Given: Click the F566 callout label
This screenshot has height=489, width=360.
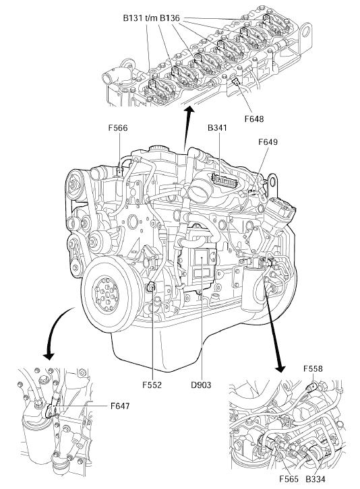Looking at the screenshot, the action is coord(118,128).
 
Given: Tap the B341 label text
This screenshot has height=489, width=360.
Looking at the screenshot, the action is coord(218,128).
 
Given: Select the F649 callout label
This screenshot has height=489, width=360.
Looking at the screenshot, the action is coord(268,142).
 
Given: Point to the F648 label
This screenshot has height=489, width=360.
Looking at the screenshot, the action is coord(254,119).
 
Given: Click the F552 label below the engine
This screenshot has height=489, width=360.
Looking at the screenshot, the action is coord(152,385).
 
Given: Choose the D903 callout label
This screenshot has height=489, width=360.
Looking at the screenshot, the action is coord(201,385).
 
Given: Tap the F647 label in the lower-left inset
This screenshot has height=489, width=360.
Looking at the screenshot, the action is coord(120,406).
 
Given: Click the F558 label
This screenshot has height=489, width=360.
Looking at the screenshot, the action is coord(313,368).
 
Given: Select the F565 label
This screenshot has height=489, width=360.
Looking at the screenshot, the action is coord(289,479).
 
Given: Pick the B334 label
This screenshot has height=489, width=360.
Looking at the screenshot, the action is coord(316,479).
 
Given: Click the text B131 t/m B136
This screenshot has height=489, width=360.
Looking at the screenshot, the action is coord(152,18).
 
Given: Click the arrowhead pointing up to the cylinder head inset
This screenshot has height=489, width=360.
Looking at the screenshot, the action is coord(189,110).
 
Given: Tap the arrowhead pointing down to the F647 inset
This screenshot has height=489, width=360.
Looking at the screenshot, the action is coord(49,356).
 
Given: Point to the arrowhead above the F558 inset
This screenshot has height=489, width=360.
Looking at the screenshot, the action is coord(280,368).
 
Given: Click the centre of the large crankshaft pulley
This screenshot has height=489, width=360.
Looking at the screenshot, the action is coord(107,294).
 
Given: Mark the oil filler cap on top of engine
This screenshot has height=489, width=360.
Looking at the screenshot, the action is coord(158,148).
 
